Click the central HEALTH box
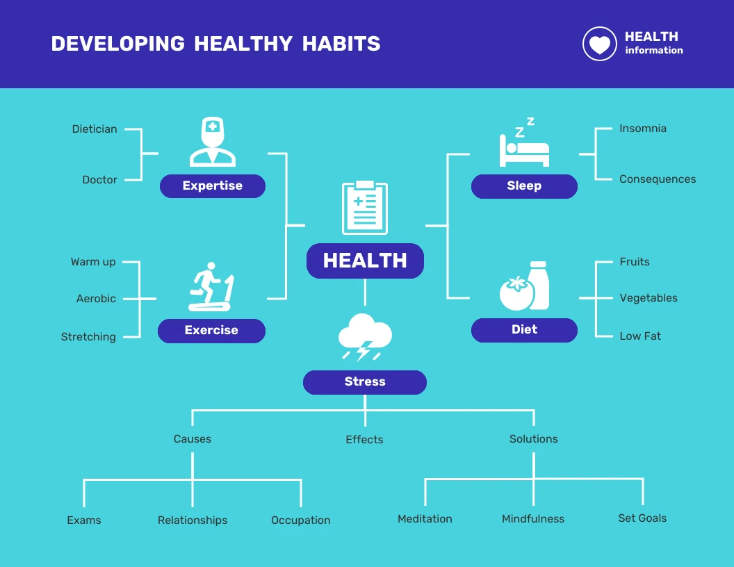click(x=365, y=261)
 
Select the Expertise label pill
click(x=213, y=186)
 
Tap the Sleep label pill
click(x=524, y=186)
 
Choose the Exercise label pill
click(x=211, y=331)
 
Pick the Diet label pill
click(x=524, y=330)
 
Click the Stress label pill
click(x=365, y=382)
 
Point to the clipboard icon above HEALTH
click(x=365, y=208)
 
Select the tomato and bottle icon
click(x=525, y=286)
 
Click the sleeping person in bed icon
click(x=524, y=144)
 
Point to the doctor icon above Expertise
click(x=213, y=142)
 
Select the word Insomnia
click(x=643, y=129)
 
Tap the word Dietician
click(x=95, y=129)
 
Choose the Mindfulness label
click(x=533, y=519)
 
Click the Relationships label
click(x=193, y=520)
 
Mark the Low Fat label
click(x=640, y=336)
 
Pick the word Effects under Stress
click(x=364, y=440)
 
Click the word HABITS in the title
click(x=341, y=44)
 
